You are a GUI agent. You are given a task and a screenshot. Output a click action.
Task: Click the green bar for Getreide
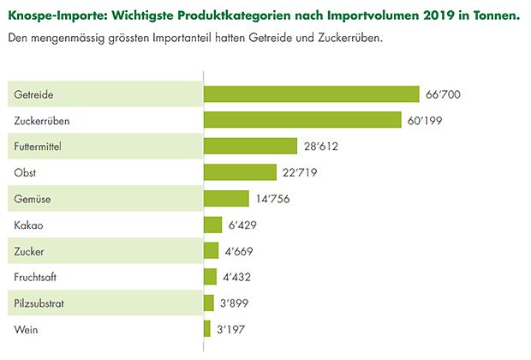click(311, 93)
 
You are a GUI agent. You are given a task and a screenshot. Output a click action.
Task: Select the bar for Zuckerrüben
click(302, 120)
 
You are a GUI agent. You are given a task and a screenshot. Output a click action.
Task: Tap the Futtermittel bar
click(250, 147)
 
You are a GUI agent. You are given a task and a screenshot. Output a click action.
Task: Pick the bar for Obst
click(241, 172)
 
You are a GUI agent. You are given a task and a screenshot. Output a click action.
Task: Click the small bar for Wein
click(206, 329)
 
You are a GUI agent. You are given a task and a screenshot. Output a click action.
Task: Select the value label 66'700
click(443, 93)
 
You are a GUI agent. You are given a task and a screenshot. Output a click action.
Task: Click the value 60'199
click(426, 120)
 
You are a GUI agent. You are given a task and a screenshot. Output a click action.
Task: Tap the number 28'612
click(321, 147)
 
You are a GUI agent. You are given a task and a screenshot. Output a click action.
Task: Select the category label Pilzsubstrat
click(42, 303)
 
